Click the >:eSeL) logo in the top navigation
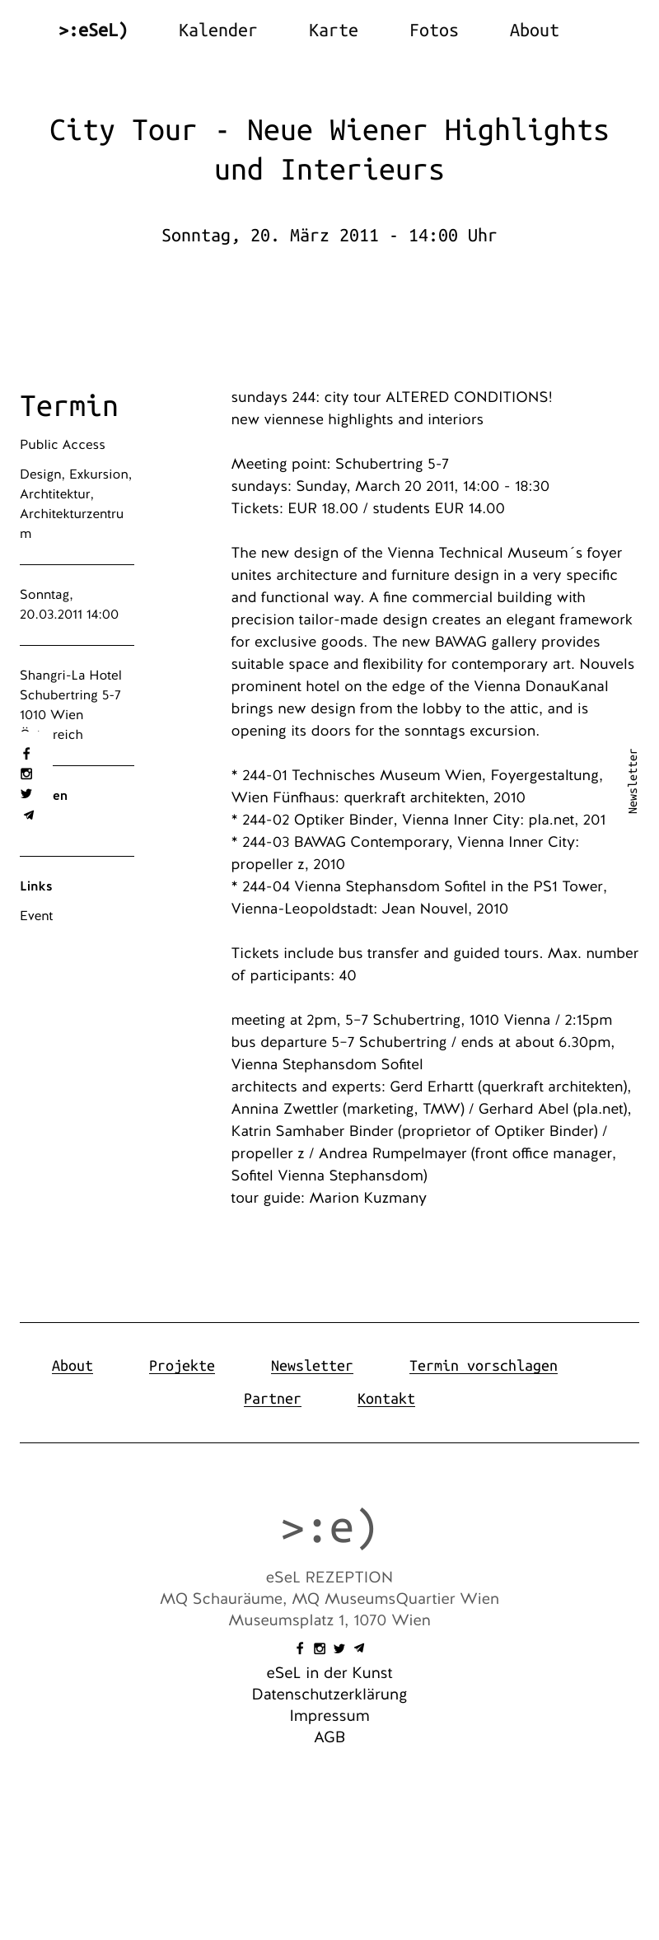pos(93,30)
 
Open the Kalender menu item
pos(217,30)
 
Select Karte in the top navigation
pos(333,30)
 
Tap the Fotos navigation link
pos(433,30)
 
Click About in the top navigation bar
pos(534,30)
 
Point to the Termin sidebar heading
pos(69,406)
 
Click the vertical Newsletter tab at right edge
pos(633,781)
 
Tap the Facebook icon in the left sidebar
pos(26,754)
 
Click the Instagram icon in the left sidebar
pos(26,774)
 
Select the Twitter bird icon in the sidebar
pos(26,794)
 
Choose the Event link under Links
pos(36,916)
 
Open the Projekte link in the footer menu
pos(181,1366)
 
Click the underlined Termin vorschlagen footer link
pos(483,1366)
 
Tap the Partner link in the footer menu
pos(272,1399)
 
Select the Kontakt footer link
pos(386,1399)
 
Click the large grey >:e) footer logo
pos(329,1528)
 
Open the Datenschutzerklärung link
pos(329,1695)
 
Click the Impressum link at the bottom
pos(329,1716)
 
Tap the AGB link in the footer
pos(329,1737)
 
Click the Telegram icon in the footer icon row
pos(359,1648)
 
